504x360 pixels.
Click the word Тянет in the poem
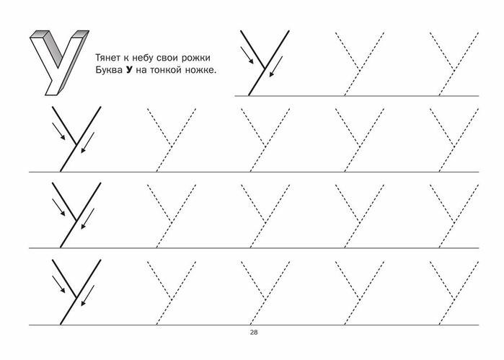coord(108,58)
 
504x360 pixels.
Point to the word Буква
coord(109,70)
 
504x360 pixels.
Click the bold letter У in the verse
coord(129,70)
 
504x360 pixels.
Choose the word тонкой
coord(168,70)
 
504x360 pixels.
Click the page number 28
coord(254,333)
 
